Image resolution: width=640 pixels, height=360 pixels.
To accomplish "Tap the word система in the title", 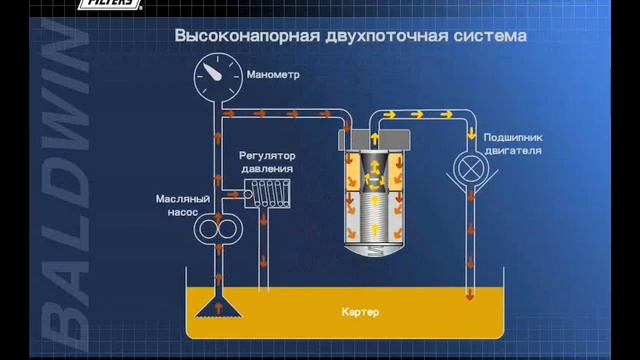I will click(489, 37).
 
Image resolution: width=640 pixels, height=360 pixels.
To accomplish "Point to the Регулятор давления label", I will click(267, 163).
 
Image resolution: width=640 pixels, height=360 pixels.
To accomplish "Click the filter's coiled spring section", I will click(373, 215).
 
